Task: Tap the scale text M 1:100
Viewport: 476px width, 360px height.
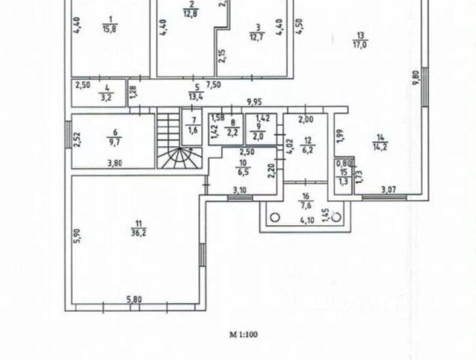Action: [x=244, y=335]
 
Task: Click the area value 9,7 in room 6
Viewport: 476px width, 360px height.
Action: [x=115, y=140]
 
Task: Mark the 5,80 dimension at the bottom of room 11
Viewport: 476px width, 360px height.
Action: [x=134, y=300]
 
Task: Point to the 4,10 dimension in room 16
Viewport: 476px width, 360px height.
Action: [x=306, y=220]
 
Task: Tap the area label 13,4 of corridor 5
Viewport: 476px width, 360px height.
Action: [x=197, y=97]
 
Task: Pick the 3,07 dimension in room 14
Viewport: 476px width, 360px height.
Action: [x=388, y=189]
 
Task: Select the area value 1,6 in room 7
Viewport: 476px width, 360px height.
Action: [x=192, y=130]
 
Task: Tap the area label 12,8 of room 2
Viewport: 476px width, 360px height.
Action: [x=190, y=13]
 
